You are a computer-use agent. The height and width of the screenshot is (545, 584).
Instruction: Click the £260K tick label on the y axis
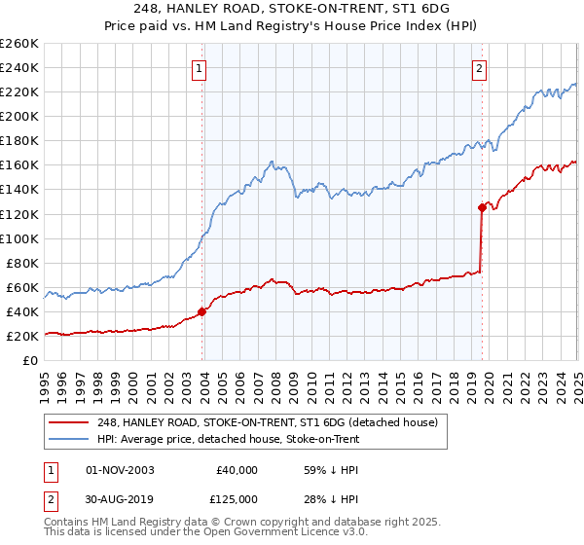click(19, 44)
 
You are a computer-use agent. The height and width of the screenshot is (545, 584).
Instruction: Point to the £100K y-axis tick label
click(19, 238)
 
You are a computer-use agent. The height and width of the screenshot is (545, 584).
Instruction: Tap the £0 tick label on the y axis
click(31, 360)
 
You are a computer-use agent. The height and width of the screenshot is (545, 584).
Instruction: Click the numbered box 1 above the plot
click(199, 68)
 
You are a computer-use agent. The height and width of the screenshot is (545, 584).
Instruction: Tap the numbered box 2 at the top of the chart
click(481, 68)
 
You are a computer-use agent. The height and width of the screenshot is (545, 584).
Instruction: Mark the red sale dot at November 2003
click(202, 311)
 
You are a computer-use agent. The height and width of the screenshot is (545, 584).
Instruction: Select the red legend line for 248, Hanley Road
click(71, 422)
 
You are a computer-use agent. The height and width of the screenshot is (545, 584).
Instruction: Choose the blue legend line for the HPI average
click(71, 439)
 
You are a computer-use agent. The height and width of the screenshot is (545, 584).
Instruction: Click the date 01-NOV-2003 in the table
click(120, 470)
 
